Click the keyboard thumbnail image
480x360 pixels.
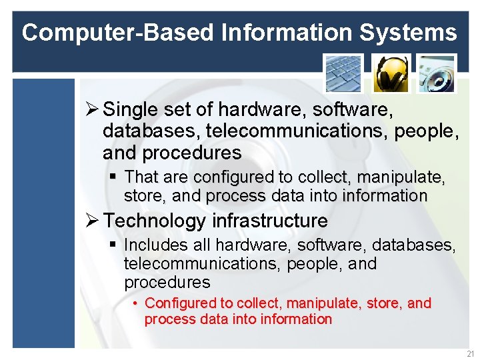click(x=343, y=73)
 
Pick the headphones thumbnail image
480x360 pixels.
click(x=390, y=73)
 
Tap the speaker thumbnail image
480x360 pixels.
click(x=437, y=73)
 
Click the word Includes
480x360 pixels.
click(x=152, y=245)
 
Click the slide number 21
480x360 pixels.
click(x=471, y=353)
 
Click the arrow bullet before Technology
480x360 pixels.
click(x=92, y=221)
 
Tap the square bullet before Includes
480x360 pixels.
click(x=113, y=245)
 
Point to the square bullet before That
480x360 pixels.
click(x=113, y=177)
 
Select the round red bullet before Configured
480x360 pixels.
click(x=135, y=304)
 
